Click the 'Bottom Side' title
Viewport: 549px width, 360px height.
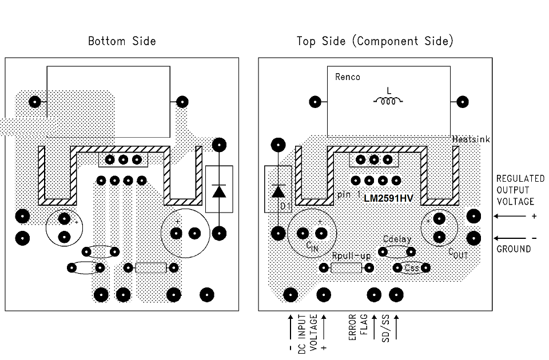tap(122, 41)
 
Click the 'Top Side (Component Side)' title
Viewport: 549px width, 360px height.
tap(375, 41)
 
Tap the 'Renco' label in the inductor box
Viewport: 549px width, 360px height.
tap(348, 77)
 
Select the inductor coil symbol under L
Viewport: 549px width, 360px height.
tap(389, 102)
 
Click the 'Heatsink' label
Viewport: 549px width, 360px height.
tap(471, 139)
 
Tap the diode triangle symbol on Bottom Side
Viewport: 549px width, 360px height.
tap(218, 190)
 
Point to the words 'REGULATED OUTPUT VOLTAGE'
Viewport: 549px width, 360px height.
tap(520, 190)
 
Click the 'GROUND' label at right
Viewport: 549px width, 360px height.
tap(514, 249)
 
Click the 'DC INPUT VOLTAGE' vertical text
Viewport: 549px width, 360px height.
tap(308, 333)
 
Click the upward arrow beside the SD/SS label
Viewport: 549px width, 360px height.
tap(396, 327)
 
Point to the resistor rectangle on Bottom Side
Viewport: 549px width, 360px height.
tap(151, 267)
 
